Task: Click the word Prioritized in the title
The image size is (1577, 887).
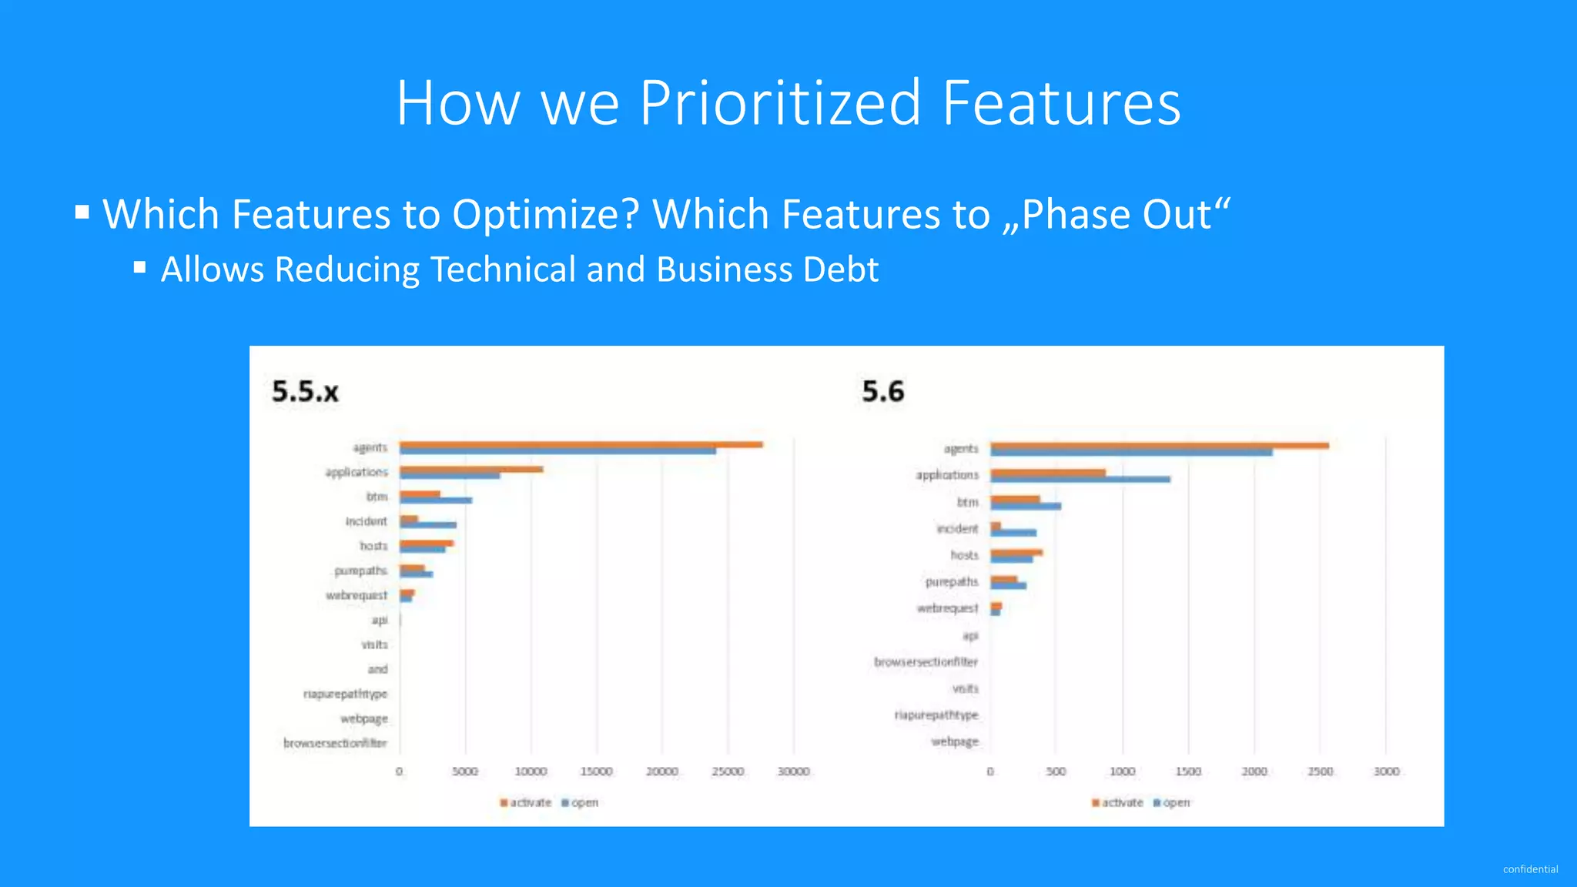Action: point(779,103)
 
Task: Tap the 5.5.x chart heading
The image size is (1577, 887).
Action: point(305,392)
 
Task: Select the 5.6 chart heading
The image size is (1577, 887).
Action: point(882,392)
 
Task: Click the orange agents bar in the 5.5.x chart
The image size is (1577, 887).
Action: point(581,444)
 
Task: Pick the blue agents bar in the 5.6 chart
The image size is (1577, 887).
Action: point(1130,453)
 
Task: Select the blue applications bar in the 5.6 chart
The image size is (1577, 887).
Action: point(1080,480)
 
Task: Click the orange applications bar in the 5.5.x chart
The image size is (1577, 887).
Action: point(471,469)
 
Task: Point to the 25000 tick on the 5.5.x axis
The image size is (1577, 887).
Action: point(728,772)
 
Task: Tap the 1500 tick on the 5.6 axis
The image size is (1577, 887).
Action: point(1188,772)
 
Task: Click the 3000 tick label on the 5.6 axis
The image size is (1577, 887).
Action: point(1386,772)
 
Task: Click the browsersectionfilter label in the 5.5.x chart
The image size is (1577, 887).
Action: point(335,743)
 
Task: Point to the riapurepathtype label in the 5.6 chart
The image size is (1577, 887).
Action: point(936,715)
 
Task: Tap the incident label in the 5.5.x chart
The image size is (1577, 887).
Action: point(366,521)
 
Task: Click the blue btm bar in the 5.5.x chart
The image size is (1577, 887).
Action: point(436,500)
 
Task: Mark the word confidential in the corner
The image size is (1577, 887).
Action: point(1530,869)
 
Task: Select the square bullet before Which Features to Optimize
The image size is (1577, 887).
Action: point(82,212)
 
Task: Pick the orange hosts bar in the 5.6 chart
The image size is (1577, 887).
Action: point(1016,552)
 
